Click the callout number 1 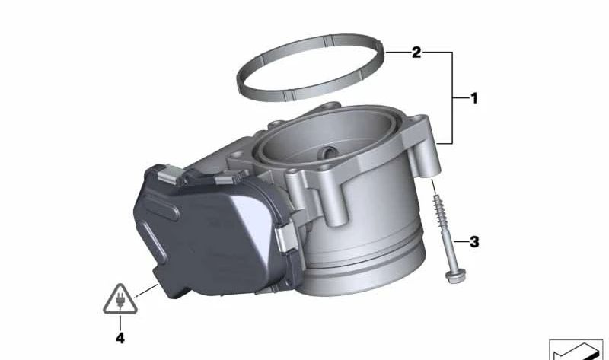[473, 98]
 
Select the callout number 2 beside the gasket [416, 53]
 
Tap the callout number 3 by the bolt [473, 243]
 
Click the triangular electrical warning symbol [119, 299]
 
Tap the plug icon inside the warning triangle [119, 302]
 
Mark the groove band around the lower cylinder [365, 251]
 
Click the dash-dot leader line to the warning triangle [144, 291]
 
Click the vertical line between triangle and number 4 [119, 323]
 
